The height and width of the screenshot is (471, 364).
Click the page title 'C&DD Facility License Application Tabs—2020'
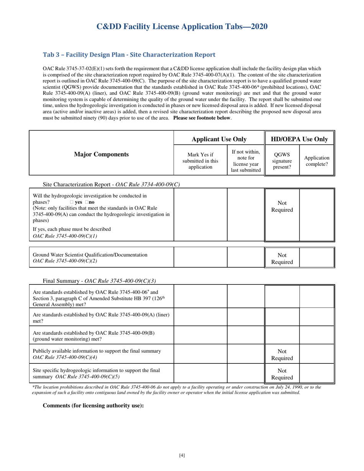tap(182, 26)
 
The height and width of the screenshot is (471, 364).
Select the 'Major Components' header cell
tap(101, 154)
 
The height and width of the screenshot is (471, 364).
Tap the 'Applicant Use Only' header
tap(219, 139)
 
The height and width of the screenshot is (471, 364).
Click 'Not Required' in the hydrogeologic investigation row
tap(282, 206)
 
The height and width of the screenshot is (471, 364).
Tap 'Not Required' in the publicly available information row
tap(282, 354)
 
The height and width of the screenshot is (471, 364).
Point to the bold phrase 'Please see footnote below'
tap(202, 118)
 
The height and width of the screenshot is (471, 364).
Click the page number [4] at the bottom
tap(182, 455)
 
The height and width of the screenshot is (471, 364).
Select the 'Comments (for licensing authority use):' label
tap(93, 406)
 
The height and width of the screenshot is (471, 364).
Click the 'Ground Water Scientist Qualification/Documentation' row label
tap(90, 255)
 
